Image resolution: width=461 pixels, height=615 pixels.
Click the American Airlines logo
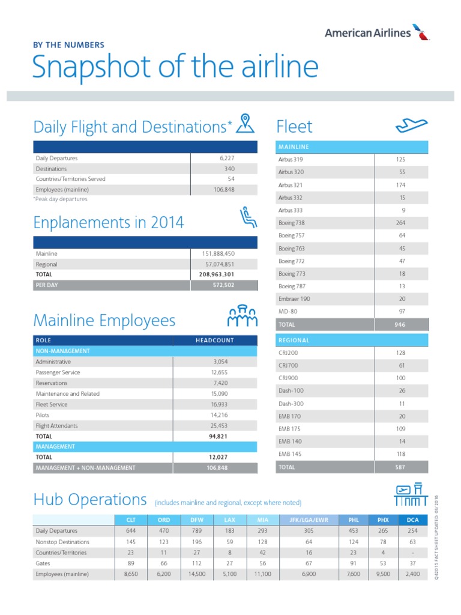(377, 32)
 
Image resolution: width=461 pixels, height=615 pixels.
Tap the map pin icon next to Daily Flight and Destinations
(246, 123)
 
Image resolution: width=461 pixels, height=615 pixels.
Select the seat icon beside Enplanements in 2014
(247, 218)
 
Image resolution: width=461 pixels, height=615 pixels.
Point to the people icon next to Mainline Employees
(243, 316)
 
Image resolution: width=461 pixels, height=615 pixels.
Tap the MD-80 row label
(288, 312)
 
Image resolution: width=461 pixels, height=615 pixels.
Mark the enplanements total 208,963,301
(217, 274)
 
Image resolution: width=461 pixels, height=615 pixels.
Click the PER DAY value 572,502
(221, 285)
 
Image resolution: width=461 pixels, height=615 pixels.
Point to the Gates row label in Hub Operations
(43, 563)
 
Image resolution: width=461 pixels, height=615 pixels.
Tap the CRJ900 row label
(289, 378)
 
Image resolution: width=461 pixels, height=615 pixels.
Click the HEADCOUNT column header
(215, 341)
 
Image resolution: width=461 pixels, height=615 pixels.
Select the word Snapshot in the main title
(89, 68)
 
